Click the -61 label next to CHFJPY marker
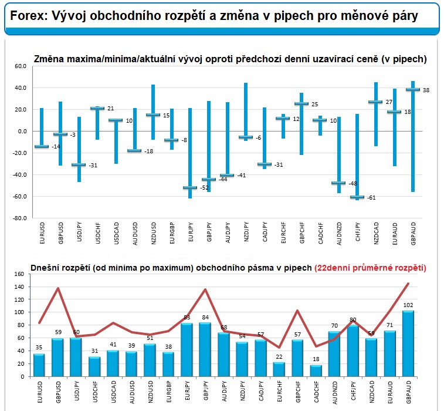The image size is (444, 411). pyautogui.click(x=371, y=198)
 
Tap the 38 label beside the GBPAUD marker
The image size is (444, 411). pyautogui.click(x=426, y=90)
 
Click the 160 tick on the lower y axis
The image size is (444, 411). pyautogui.click(x=19, y=274)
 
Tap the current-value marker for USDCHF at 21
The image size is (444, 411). pyautogui.click(x=97, y=109)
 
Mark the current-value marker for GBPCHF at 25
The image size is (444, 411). pyautogui.click(x=301, y=104)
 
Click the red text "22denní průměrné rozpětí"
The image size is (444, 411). pyautogui.click(x=370, y=268)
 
